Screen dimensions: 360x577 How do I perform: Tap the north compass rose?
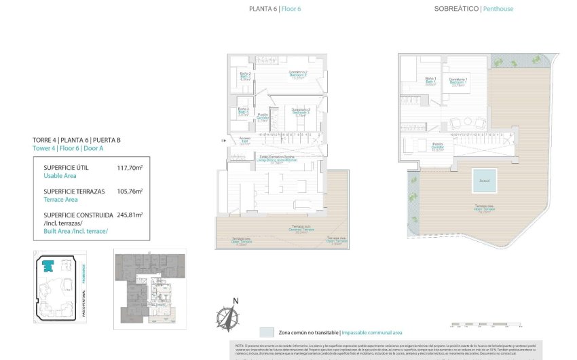(x=228, y=316)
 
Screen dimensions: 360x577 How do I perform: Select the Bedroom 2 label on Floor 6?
(x=299, y=74)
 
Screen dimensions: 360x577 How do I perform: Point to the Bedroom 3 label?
(x=301, y=111)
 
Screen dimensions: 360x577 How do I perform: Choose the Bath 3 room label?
(x=243, y=111)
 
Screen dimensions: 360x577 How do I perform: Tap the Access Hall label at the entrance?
(x=245, y=141)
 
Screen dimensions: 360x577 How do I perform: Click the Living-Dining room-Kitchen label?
(x=276, y=160)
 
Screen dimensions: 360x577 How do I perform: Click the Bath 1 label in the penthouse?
(x=430, y=82)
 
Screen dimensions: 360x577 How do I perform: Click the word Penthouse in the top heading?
(x=498, y=9)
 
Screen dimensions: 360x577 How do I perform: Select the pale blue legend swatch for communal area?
(x=267, y=333)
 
